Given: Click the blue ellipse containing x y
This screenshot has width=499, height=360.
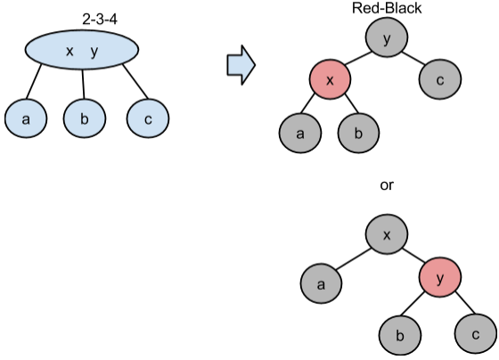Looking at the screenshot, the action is [x=82, y=50].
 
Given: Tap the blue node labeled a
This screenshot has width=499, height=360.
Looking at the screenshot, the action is [x=26, y=119].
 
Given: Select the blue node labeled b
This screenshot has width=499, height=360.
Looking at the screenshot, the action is [x=85, y=119].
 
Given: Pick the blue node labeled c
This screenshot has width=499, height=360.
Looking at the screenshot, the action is [x=148, y=119].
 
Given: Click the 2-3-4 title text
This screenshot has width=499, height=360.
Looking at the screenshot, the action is [x=100, y=20].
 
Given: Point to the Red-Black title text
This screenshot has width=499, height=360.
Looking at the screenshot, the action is [x=387, y=8].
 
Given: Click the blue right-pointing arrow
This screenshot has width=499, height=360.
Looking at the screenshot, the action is [x=241, y=65].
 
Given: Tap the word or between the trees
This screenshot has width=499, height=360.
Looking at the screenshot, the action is [x=387, y=185].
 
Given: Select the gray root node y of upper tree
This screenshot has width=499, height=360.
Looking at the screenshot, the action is [x=387, y=37].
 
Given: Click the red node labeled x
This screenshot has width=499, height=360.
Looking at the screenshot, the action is [x=331, y=79].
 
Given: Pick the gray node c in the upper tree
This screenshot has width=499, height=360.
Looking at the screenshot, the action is [x=440, y=79].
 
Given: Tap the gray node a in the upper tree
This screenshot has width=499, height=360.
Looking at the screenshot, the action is [x=300, y=133].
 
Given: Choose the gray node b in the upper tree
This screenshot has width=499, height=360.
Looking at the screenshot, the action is [x=358, y=133].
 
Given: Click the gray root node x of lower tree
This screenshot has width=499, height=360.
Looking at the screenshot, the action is [x=387, y=234].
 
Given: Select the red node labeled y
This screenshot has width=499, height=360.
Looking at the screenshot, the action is [x=440, y=277].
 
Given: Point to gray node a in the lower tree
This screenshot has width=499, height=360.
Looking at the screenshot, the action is [x=321, y=283].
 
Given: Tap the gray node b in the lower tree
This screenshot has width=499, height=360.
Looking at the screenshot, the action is [x=400, y=334].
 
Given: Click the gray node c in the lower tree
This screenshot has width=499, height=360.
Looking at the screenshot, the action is [x=476, y=333].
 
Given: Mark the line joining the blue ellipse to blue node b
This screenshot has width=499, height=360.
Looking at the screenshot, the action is [x=84, y=84].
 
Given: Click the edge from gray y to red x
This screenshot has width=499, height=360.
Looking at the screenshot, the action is [x=357, y=59].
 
